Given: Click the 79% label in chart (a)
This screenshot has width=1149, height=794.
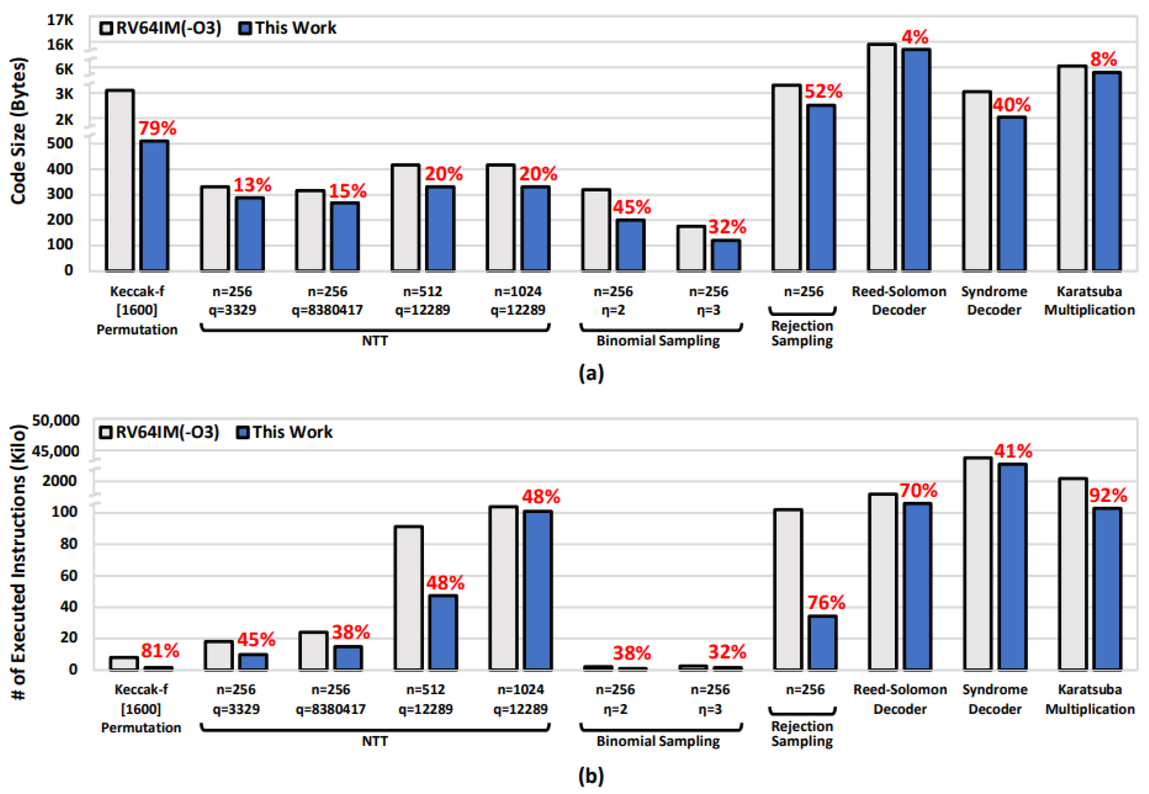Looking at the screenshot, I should coord(157,128).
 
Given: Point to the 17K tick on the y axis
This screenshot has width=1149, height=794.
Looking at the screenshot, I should coord(60,20).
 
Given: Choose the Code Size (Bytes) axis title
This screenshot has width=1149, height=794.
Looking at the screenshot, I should coord(18,131).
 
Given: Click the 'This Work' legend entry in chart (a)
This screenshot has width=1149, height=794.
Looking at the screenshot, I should coord(288,28).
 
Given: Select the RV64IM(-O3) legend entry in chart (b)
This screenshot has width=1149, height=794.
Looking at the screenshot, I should coord(159,432).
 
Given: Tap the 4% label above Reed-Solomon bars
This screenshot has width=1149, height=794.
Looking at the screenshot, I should coord(915,37).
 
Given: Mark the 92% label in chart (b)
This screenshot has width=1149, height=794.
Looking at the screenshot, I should coord(1108,496).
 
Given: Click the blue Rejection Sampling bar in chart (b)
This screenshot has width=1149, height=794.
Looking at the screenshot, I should coord(822,642).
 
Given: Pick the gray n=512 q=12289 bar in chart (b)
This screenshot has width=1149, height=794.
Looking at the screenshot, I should coord(409,598).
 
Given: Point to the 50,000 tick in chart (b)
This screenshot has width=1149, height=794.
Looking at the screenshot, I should coord(55,420).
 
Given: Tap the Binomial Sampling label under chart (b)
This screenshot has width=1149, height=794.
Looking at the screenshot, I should coord(658,741).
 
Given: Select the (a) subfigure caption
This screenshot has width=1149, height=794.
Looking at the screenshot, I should coord(591,373).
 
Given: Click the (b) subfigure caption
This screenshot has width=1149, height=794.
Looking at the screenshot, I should coord(591,776).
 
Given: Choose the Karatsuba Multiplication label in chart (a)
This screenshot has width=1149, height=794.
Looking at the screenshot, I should coord(1089,301).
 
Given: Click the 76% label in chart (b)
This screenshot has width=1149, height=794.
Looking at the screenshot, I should coord(826,603).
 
